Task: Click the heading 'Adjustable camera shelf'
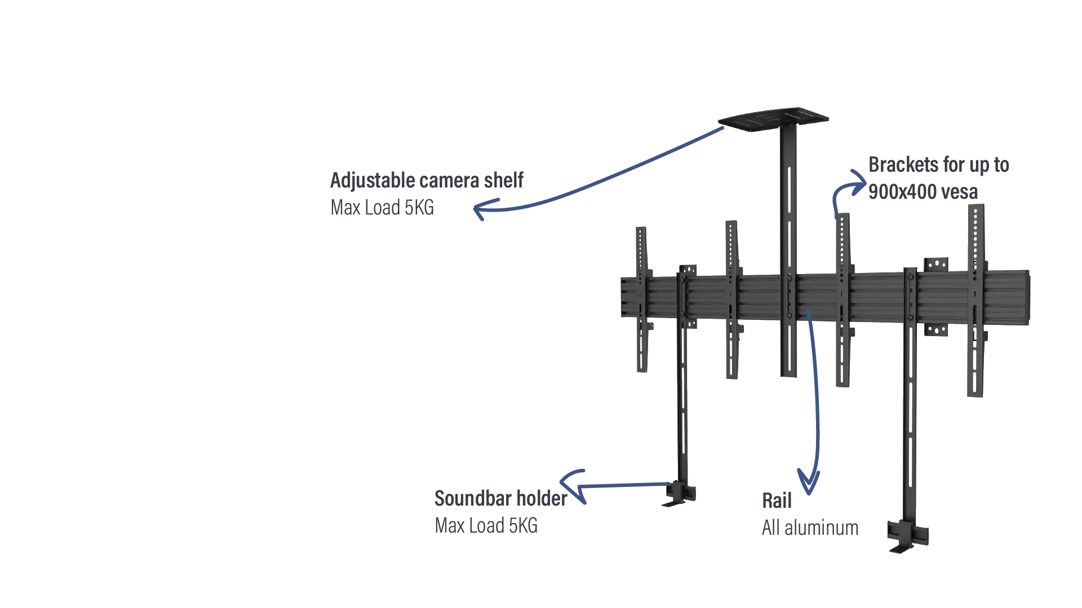click(x=427, y=181)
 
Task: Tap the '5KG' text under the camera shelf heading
click(x=419, y=208)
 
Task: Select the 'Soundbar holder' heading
click(x=500, y=499)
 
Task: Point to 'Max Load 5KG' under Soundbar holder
click(x=486, y=526)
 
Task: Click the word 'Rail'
click(x=777, y=500)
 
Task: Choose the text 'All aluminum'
click(x=810, y=528)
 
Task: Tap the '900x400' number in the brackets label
click(x=902, y=192)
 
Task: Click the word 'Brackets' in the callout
click(x=903, y=165)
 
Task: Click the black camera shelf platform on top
click(x=773, y=119)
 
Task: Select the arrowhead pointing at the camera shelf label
click(x=482, y=209)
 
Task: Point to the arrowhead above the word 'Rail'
click(x=809, y=481)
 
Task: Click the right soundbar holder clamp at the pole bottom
click(x=907, y=535)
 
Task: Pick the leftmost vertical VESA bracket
click(x=642, y=299)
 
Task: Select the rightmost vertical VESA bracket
click(x=977, y=301)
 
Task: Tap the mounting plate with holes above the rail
click(x=936, y=265)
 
